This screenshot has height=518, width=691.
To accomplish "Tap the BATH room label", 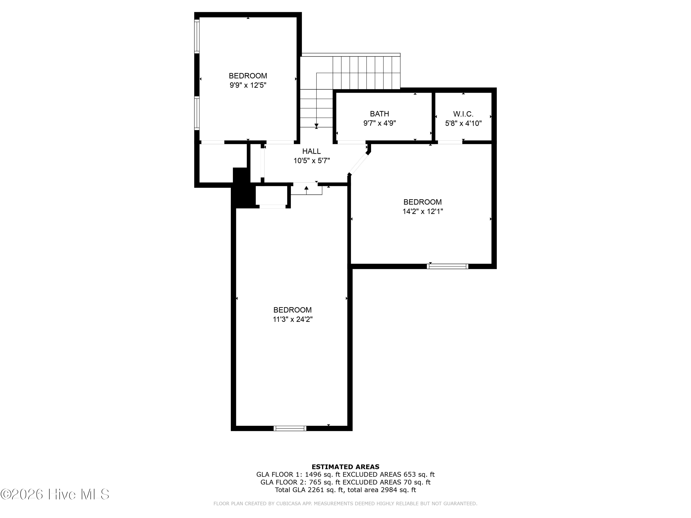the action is coord(380,114).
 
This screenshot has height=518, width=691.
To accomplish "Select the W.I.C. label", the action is coord(463,114).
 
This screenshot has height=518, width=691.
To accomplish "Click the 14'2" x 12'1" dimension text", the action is coord(423,211).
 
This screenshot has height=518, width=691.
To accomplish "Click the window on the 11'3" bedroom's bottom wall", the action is coord(290,428).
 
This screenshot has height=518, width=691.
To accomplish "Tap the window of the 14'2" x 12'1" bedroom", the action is coord(448,266).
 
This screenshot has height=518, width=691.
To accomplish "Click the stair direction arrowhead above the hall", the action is coord(316,125).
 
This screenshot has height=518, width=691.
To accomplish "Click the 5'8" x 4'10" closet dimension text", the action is coord(463,123).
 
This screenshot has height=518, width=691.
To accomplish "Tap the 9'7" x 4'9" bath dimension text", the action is coord(380,123).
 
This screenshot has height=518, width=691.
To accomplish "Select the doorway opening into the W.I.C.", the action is coord(450,142).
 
